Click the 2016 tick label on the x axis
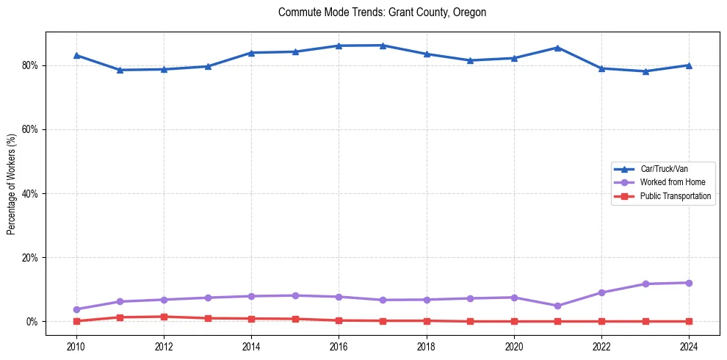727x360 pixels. click(x=339, y=345)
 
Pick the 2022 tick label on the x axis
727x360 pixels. click(x=601, y=345)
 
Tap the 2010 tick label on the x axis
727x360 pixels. click(x=76, y=345)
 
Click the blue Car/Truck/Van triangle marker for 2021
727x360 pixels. click(x=557, y=48)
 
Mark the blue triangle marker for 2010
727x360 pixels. click(x=76, y=55)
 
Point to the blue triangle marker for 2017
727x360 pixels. click(x=383, y=46)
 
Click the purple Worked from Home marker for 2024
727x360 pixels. click(x=689, y=283)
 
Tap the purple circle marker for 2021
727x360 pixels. click(x=557, y=306)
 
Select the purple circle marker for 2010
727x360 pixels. click(x=76, y=309)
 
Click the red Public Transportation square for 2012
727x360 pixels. click(x=164, y=317)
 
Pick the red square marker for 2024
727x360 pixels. click(x=689, y=321)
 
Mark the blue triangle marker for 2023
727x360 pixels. click(x=645, y=71)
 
